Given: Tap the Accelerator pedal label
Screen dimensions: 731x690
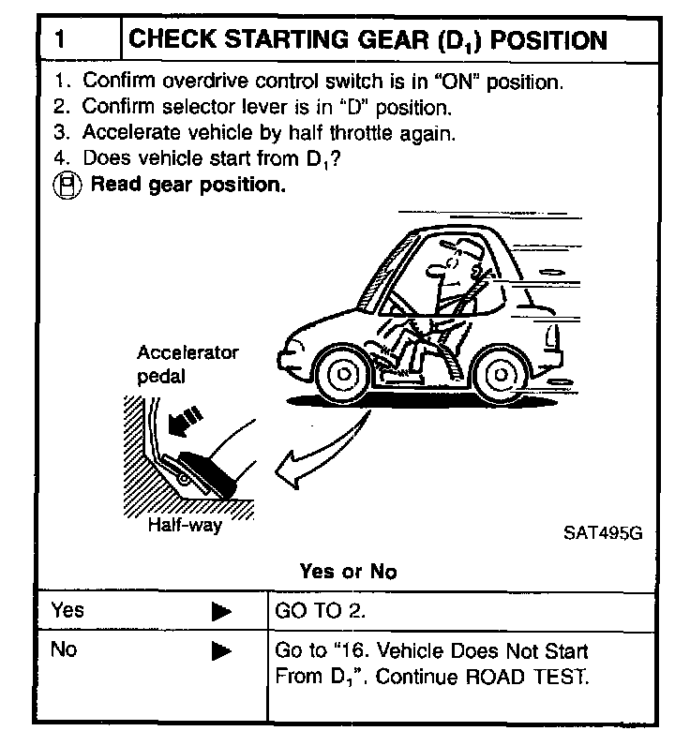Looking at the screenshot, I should pyautogui.click(x=187, y=365).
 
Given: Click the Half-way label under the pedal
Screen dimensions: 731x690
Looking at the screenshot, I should pyautogui.click(x=185, y=525).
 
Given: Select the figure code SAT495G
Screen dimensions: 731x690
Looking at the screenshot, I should pyautogui.click(x=602, y=532).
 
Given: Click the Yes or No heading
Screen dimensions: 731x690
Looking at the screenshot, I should pyautogui.click(x=348, y=571).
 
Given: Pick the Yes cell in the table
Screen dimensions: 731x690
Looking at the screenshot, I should pyautogui.click(x=67, y=611).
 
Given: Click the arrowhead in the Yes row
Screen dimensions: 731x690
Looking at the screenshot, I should pyautogui.click(x=221, y=612).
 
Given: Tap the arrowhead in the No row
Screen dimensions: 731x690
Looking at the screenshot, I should pyautogui.click(x=221, y=650).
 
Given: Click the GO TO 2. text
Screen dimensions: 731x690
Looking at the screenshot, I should pyautogui.click(x=320, y=611).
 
